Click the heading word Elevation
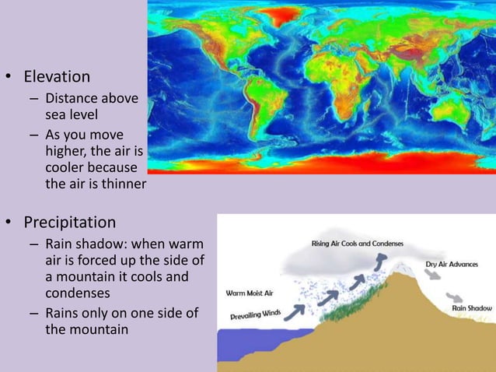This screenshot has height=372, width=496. (57, 77)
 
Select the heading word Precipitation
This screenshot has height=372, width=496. (69, 223)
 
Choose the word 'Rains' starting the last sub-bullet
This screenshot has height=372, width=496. (63, 312)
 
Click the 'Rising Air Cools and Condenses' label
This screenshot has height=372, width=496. (357, 244)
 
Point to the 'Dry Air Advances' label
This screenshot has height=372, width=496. (451, 264)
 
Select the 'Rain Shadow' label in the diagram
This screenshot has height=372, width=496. (471, 309)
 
